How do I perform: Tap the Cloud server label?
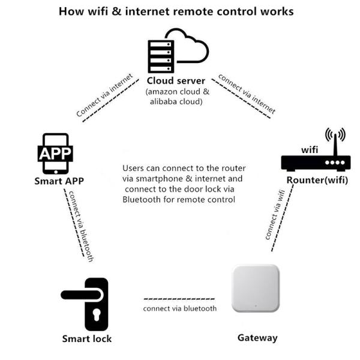pos(176,81)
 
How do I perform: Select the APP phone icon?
pos(55,154)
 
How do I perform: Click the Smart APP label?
pos(58,181)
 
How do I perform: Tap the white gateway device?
pos(256,289)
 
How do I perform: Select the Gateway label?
pos(257,338)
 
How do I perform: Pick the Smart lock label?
pos(87,339)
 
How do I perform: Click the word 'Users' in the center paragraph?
pos(134,168)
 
